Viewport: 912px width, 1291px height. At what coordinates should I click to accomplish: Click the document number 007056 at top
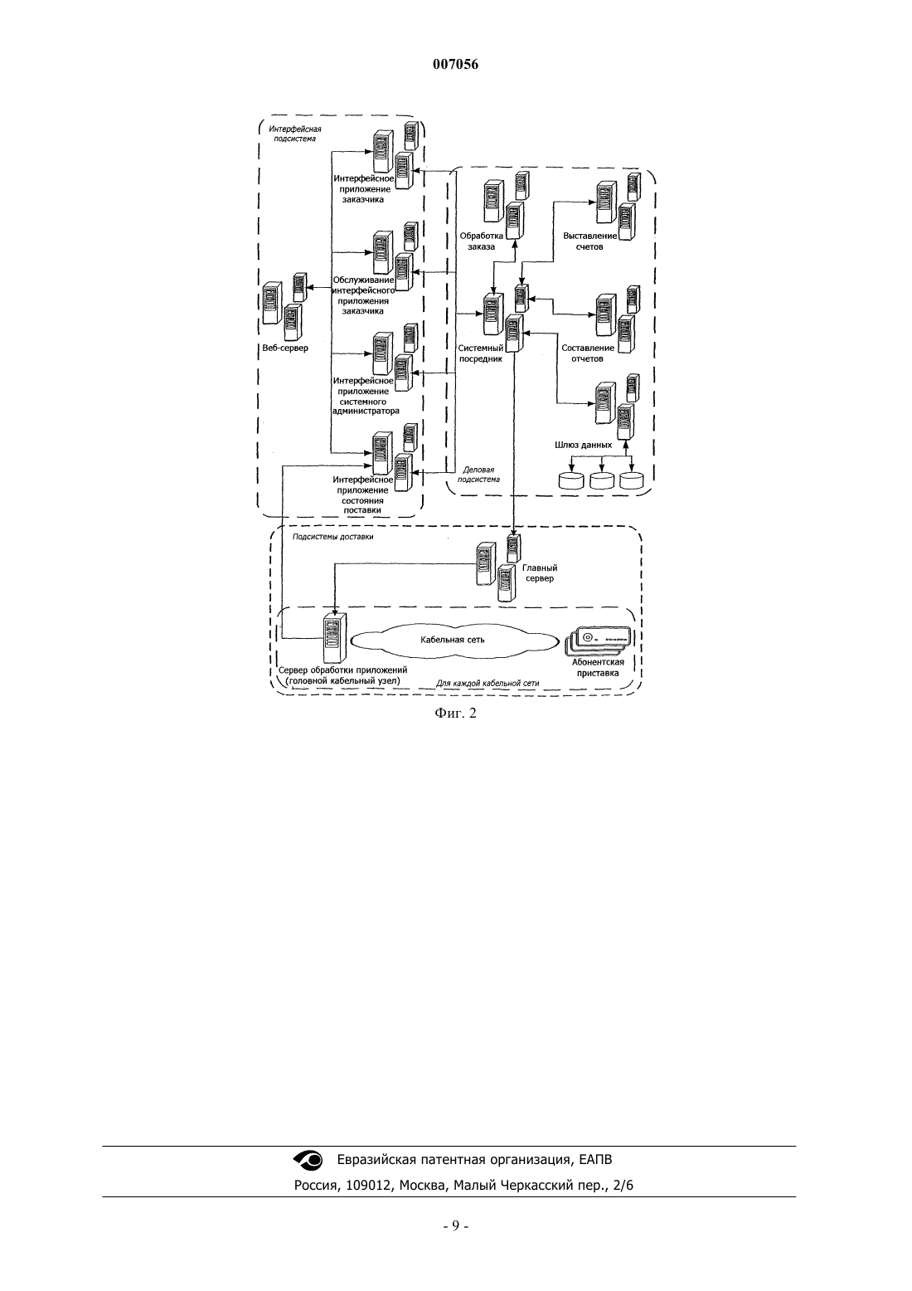(x=455, y=64)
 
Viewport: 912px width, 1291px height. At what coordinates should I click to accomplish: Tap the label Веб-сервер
(x=285, y=348)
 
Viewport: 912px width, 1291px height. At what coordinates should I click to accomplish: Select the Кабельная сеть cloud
(x=454, y=640)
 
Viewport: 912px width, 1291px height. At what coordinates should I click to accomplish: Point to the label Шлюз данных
(x=583, y=445)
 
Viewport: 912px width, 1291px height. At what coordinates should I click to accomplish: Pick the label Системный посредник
(x=481, y=353)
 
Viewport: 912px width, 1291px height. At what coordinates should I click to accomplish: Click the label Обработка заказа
(x=482, y=241)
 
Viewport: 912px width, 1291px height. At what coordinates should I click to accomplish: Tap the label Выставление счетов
(x=589, y=241)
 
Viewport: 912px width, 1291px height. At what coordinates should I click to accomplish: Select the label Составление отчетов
(x=587, y=353)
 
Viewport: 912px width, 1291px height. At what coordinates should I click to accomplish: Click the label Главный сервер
(x=540, y=572)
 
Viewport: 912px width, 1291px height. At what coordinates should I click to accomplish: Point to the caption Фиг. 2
(x=455, y=714)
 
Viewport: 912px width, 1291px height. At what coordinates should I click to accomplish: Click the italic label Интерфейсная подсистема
(x=295, y=134)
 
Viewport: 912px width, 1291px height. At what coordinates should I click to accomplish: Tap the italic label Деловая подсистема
(x=478, y=475)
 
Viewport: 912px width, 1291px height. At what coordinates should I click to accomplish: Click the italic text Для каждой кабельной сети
(x=488, y=684)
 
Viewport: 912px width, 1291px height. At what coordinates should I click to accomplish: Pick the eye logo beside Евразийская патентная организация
(x=308, y=1160)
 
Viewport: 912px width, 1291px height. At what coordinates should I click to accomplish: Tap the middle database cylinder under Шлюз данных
(x=602, y=480)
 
